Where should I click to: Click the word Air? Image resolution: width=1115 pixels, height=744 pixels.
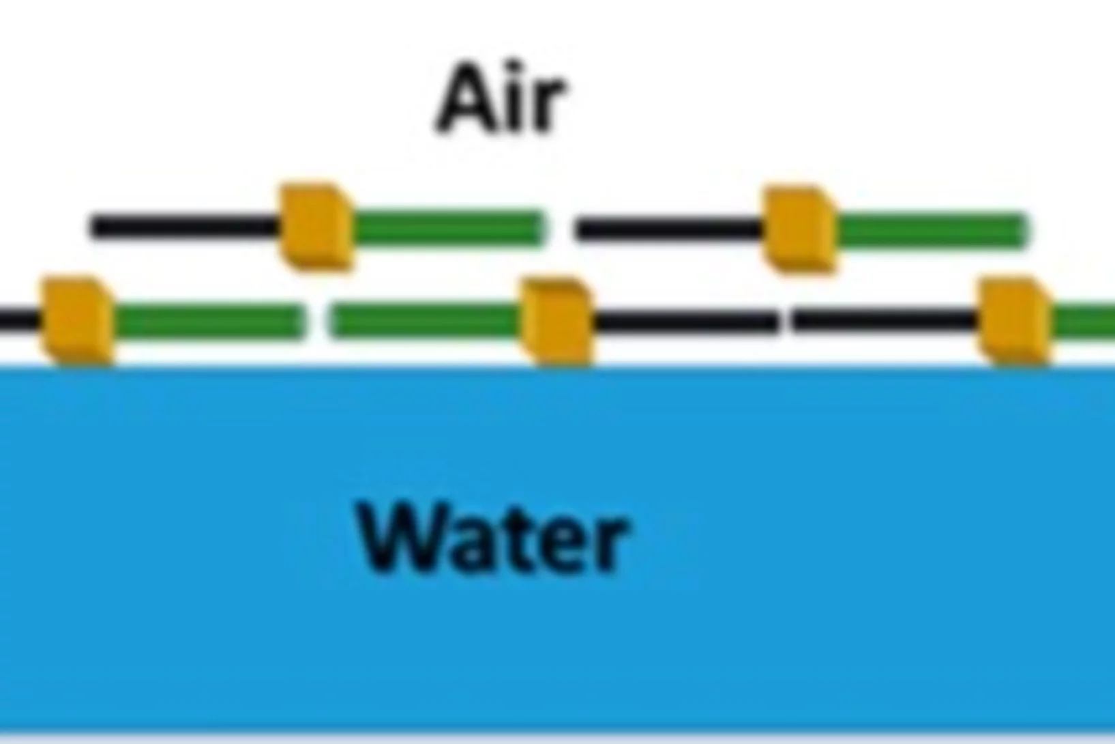click(501, 99)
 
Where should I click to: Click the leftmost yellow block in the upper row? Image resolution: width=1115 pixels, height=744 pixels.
click(316, 227)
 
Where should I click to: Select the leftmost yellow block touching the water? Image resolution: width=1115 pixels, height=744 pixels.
click(78, 321)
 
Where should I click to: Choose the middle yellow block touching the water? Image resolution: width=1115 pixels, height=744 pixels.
click(557, 321)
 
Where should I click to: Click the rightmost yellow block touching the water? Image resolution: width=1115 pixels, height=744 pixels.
click(1014, 321)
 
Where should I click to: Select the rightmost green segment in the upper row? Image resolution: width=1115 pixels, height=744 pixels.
click(932, 231)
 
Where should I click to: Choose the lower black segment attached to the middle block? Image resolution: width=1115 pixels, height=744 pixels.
click(685, 321)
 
